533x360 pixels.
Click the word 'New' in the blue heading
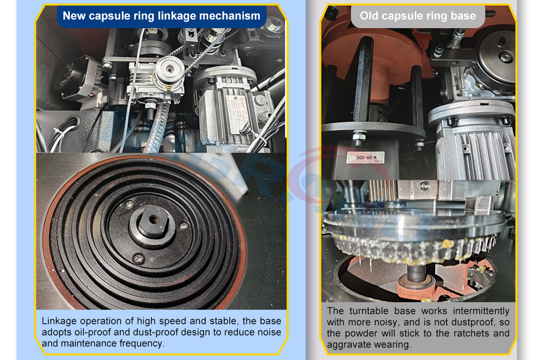(x=74, y=16)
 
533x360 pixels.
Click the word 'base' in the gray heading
(x=463, y=16)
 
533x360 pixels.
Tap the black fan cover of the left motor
(x=70, y=79)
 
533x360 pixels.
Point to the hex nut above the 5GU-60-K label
(x=359, y=135)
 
